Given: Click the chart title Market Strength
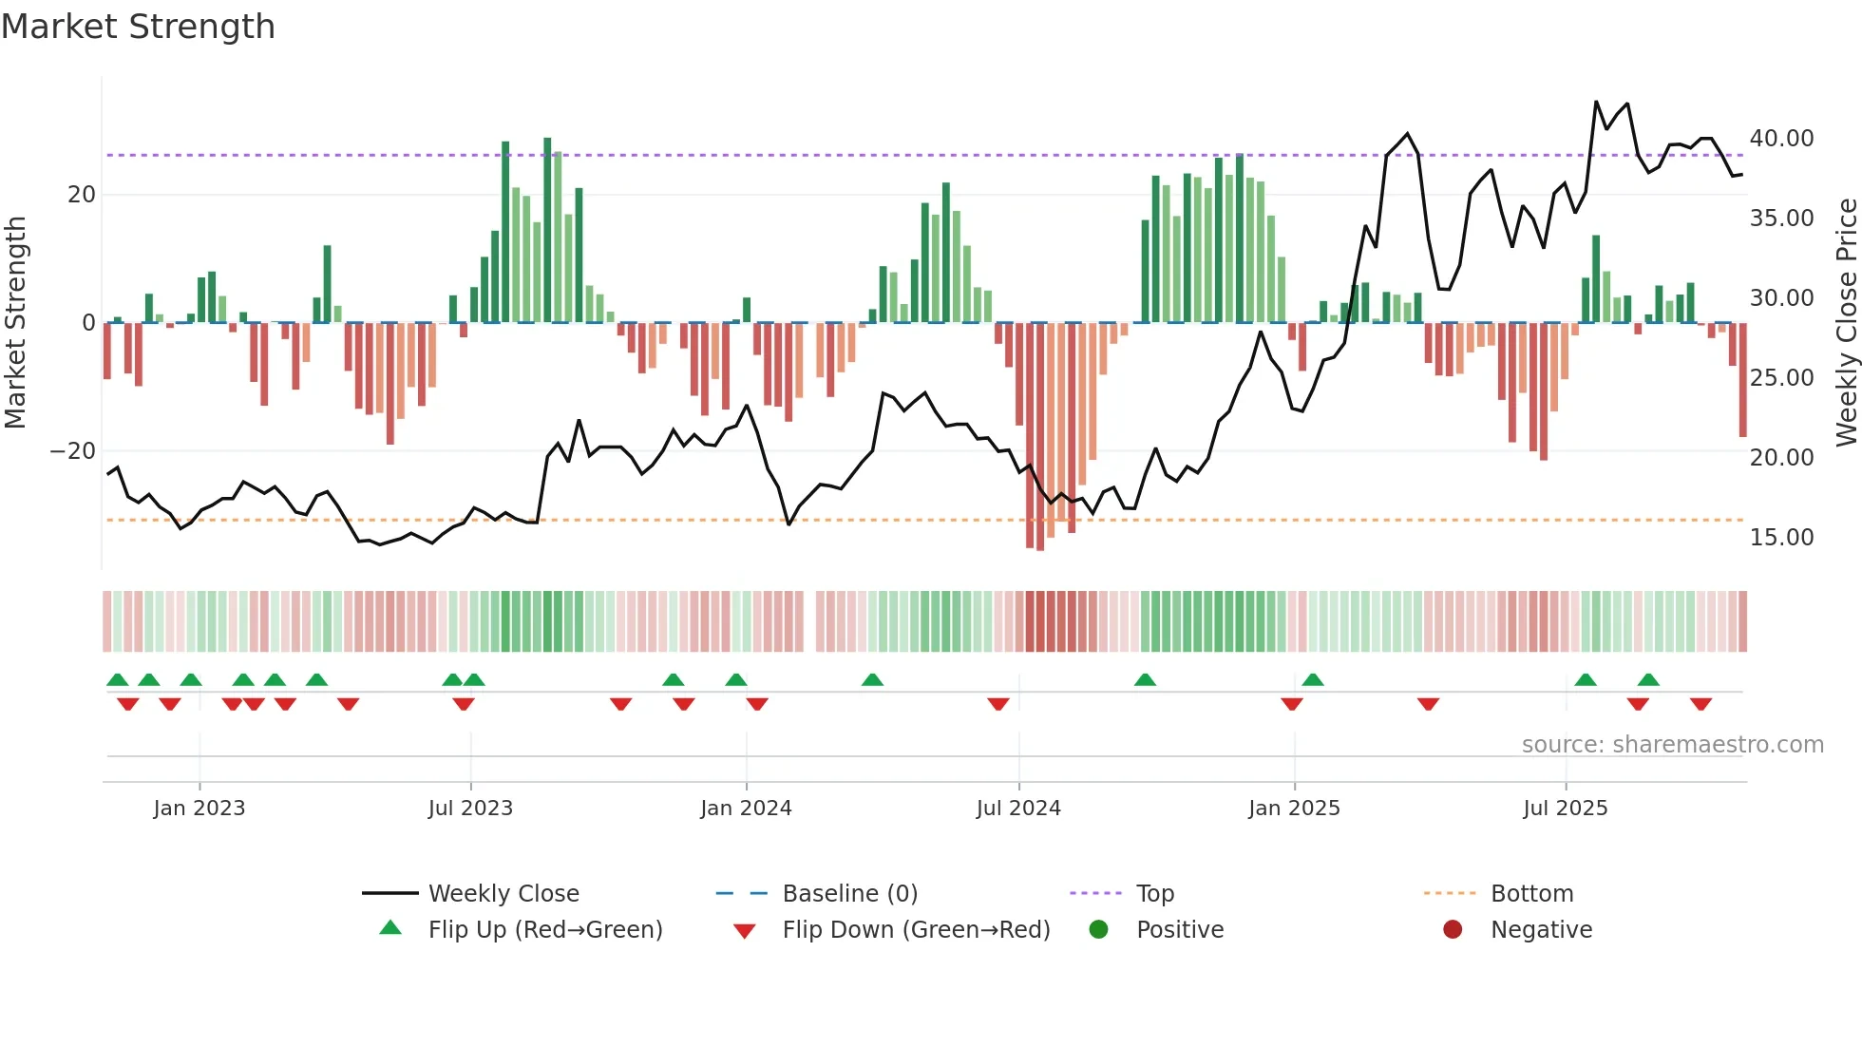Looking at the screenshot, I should pos(139,27).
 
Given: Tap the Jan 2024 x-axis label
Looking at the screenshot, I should pos(746,809).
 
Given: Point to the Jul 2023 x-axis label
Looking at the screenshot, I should pos(470,809).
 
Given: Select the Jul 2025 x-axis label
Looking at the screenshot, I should pos(1565,809).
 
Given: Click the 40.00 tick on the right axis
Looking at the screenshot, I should pos(1781,139).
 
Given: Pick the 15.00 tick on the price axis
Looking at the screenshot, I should pos(1781,538).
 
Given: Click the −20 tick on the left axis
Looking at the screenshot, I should pos(73,451).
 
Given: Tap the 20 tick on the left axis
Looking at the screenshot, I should pos(82,195).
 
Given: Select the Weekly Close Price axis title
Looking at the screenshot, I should pos(1846,323).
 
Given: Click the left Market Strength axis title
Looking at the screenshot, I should pos(16,323).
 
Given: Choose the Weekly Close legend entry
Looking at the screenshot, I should pos(503,894).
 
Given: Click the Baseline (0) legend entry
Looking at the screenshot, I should pos(849,894).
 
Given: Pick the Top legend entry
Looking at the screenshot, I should pos(1154,894).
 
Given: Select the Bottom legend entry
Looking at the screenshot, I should pos(1531,894).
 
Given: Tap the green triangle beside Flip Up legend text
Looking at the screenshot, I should pos(390,928).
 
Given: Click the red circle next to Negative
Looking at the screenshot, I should pos(1453,929).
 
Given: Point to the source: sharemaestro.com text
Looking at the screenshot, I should pos(1672,745).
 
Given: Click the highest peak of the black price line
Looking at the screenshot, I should pos(1596,102).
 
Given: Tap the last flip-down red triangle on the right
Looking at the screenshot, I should pos(1700,704).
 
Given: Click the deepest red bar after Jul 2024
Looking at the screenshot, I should pos(1040,437).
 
